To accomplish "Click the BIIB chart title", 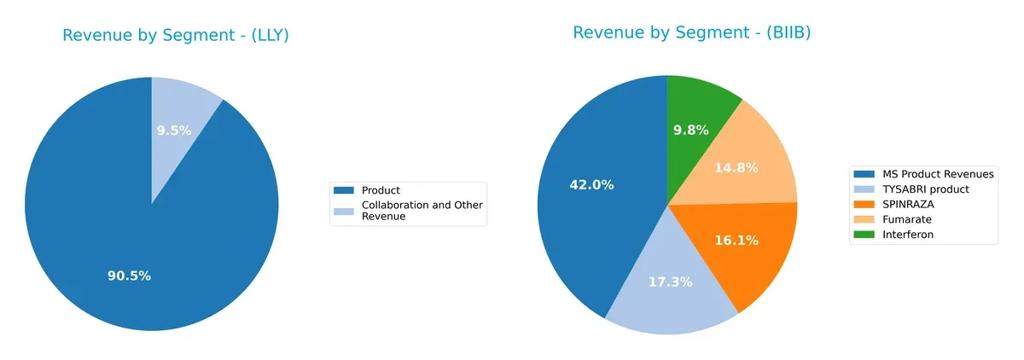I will (x=691, y=32).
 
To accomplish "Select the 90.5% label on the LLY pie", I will (x=129, y=276).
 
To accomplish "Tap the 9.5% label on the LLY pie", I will (x=174, y=131).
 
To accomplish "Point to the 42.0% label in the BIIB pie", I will (x=591, y=184).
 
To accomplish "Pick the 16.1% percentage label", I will (x=736, y=241).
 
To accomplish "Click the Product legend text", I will (x=381, y=190).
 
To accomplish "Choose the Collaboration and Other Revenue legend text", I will (x=422, y=211).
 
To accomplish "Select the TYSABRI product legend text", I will (x=927, y=189).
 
